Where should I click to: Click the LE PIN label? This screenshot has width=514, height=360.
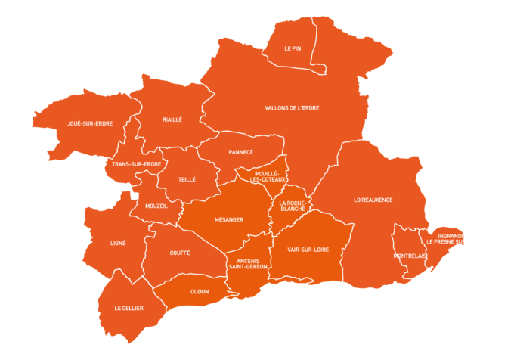(x=293, y=48)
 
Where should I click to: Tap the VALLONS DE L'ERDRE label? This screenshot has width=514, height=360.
(x=292, y=108)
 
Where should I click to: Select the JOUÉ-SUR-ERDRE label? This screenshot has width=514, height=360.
(x=90, y=123)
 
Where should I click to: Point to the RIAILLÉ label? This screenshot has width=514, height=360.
(x=172, y=119)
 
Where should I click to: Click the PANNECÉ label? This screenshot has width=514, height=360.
(x=240, y=152)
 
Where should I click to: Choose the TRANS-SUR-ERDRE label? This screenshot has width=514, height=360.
(x=136, y=164)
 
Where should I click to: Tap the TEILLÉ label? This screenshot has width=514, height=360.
(x=187, y=180)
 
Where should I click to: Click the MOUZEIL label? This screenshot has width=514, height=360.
(x=156, y=206)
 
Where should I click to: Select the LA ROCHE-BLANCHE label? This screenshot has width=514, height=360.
(x=293, y=206)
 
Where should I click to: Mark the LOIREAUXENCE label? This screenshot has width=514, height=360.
(x=373, y=200)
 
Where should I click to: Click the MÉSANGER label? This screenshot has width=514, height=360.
(x=229, y=220)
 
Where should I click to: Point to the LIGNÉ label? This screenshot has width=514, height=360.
(x=118, y=244)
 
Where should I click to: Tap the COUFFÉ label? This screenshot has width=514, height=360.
(x=180, y=253)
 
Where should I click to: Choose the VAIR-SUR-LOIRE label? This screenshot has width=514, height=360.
(x=308, y=249)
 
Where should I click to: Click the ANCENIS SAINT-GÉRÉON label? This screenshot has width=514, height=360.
(x=248, y=264)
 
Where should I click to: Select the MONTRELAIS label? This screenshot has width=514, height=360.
(x=410, y=256)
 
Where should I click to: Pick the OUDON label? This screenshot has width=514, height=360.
(x=200, y=291)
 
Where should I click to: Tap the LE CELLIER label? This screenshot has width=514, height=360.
(x=128, y=309)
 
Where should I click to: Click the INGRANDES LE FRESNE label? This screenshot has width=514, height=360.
(x=452, y=239)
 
